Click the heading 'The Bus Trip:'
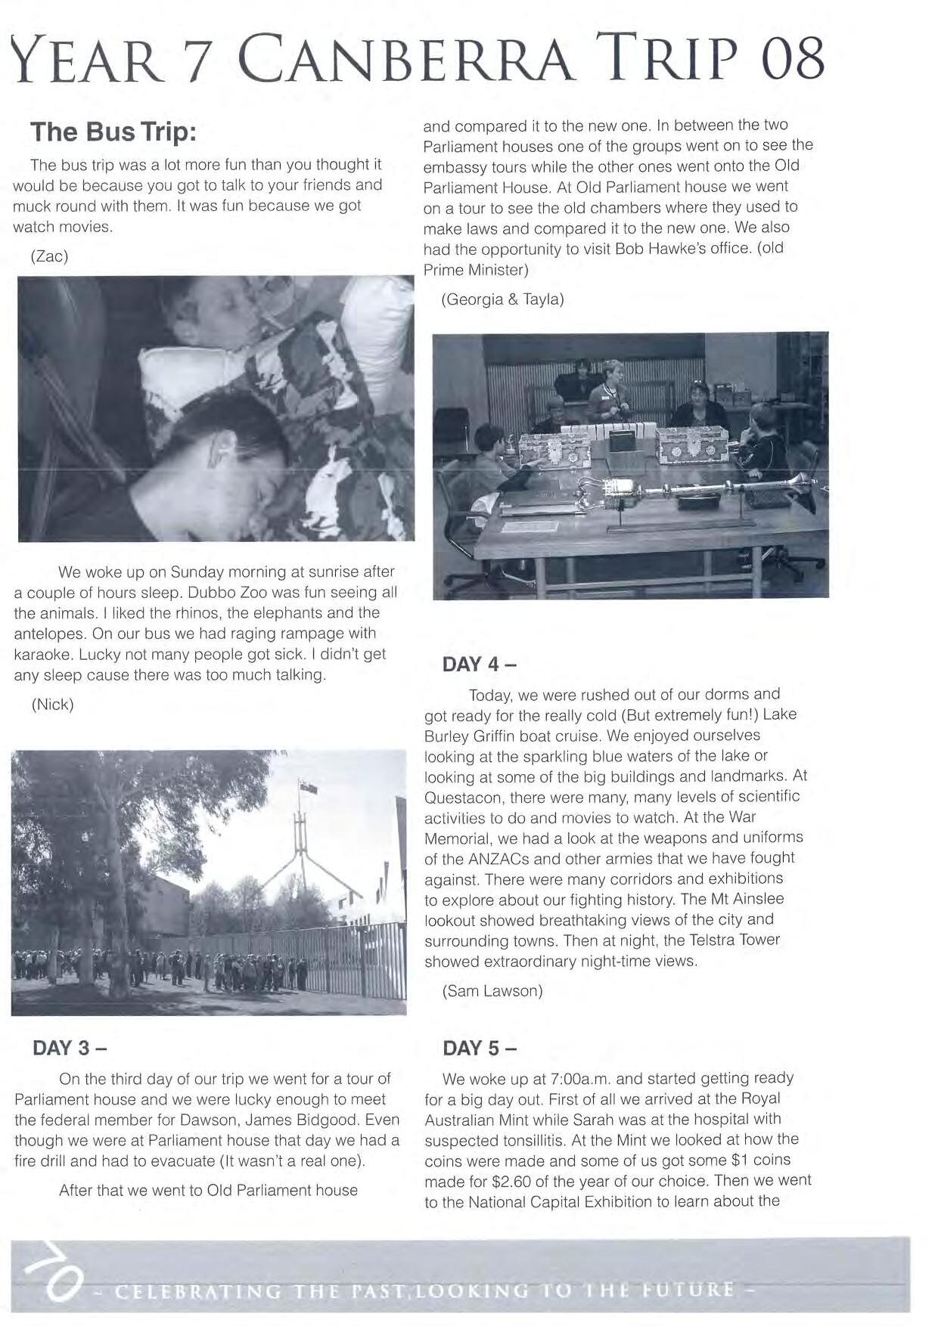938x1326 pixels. tap(113, 132)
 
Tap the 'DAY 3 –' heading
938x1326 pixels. tap(70, 1049)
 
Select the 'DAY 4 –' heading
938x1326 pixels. tap(480, 665)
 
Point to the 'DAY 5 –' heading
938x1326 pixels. tap(480, 1049)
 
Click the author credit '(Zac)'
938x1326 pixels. tap(50, 256)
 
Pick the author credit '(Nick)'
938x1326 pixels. tap(53, 705)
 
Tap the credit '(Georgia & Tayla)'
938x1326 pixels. tap(502, 299)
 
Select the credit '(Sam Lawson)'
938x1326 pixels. tap(492, 990)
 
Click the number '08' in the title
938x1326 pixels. tap(793, 60)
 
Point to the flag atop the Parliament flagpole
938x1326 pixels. tap(308, 787)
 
